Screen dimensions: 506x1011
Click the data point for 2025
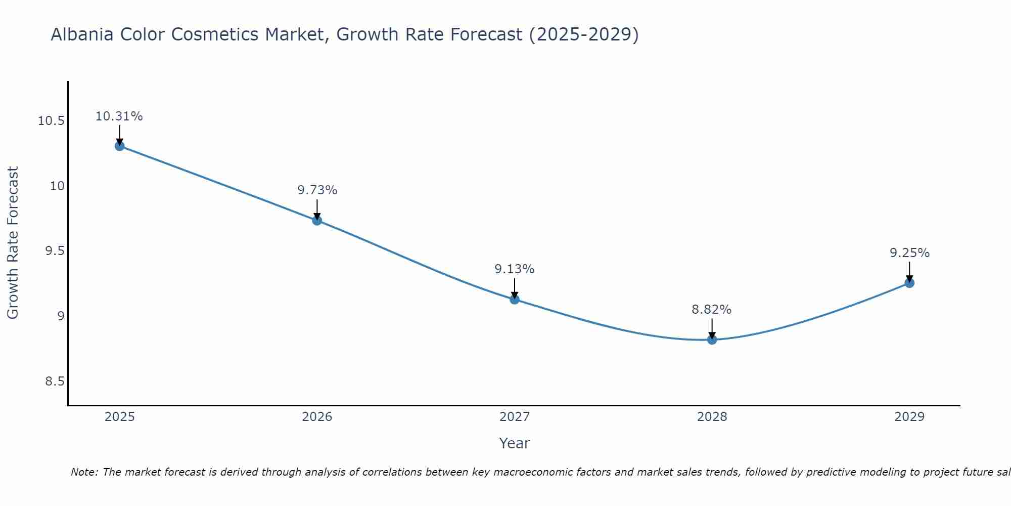(x=120, y=146)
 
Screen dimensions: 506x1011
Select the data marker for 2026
(x=317, y=220)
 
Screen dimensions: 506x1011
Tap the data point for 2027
(x=515, y=299)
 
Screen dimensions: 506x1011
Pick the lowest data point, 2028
(x=712, y=340)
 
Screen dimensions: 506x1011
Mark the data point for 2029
(x=909, y=283)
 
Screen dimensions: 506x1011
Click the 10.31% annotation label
(x=119, y=116)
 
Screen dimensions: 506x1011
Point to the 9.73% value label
(x=317, y=190)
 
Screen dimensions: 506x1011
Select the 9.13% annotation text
(x=515, y=269)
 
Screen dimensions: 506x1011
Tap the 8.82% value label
(x=712, y=310)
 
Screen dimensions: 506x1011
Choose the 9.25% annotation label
(x=909, y=253)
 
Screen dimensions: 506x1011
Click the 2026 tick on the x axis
(x=317, y=417)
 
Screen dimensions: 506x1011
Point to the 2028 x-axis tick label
(x=712, y=417)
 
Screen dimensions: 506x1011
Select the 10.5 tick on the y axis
(x=51, y=121)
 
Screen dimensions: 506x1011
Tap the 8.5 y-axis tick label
(x=55, y=382)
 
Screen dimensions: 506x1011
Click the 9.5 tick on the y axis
(x=55, y=251)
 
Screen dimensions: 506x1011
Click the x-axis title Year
(x=515, y=443)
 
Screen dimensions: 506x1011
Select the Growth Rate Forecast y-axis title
(x=13, y=243)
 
